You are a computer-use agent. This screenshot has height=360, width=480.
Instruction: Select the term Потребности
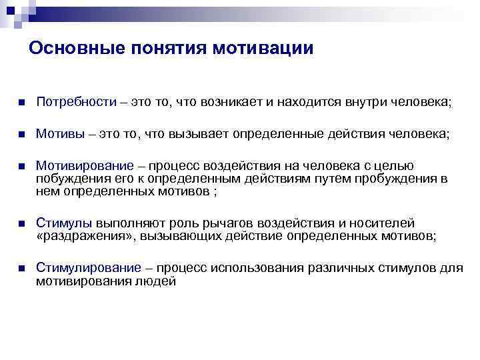click(76, 103)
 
